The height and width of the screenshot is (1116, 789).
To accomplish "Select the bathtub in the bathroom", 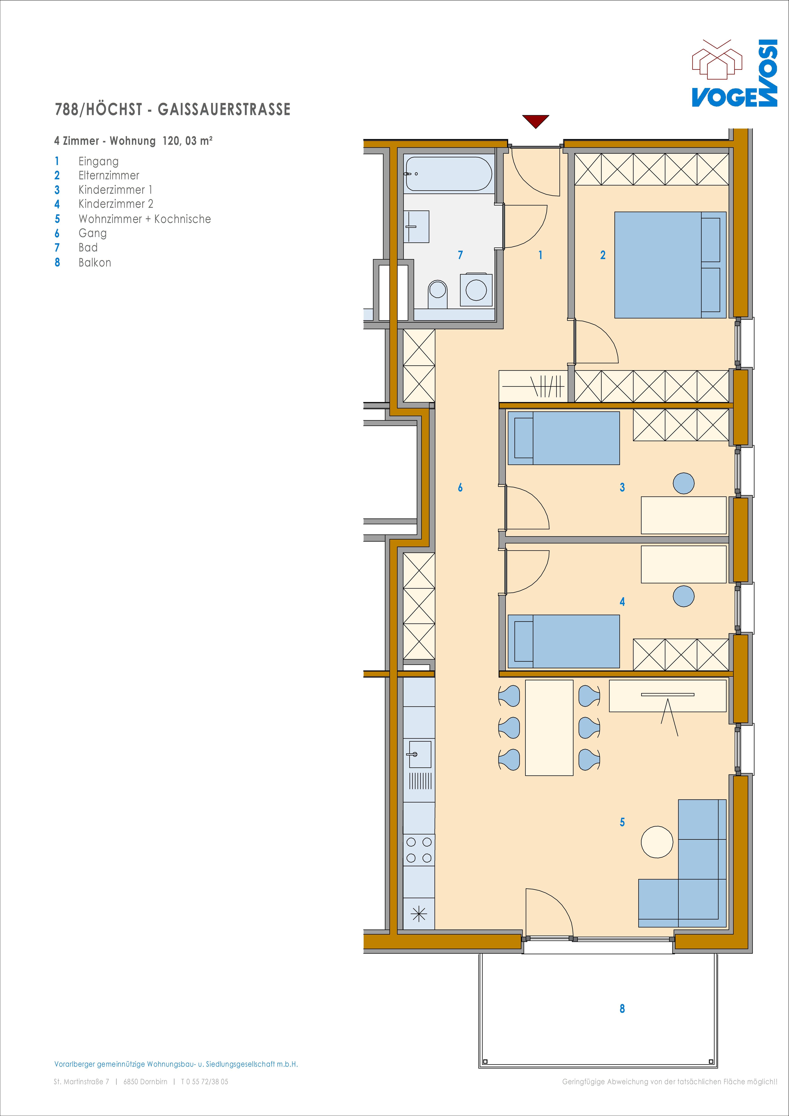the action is pyautogui.click(x=448, y=173).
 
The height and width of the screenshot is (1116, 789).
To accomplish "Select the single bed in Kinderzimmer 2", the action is pyautogui.click(x=563, y=641).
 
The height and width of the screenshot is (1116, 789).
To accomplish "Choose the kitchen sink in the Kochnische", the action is pyautogui.click(x=418, y=754).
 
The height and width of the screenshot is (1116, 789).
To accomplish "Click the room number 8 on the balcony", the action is pyautogui.click(x=622, y=1009).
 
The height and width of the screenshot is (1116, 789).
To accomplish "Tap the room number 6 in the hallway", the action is pyautogui.click(x=460, y=487).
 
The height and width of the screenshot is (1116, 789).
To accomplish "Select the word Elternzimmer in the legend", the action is pyautogui.click(x=109, y=175).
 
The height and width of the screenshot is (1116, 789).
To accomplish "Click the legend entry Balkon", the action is pyautogui.click(x=95, y=262).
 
